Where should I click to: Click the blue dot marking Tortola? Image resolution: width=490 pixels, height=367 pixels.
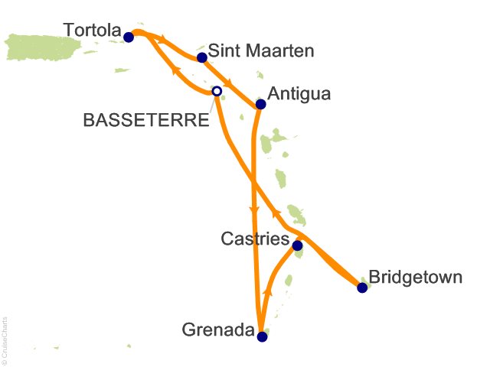click(x=129, y=36)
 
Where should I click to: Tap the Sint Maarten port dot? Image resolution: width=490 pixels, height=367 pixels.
click(x=202, y=57)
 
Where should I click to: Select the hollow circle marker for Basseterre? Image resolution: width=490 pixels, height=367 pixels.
click(x=217, y=91)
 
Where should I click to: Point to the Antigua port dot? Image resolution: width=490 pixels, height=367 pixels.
click(x=260, y=104)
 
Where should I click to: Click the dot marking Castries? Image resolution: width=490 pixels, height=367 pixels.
click(x=298, y=245)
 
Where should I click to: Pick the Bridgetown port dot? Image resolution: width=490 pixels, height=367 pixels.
click(x=362, y=287)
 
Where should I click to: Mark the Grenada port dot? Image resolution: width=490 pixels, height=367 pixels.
click(x=262, y=336)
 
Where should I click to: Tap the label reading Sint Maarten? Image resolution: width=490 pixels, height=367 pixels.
click(x=256, y=51)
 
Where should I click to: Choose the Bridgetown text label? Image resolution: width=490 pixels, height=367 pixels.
click(x=415, y=276)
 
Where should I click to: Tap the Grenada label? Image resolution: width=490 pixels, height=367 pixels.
click(x=218, y=331)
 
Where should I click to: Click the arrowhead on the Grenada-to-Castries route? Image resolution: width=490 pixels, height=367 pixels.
click(x=268, y=292)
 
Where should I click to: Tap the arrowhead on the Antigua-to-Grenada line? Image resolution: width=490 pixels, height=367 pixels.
click(x=254, y=208)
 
